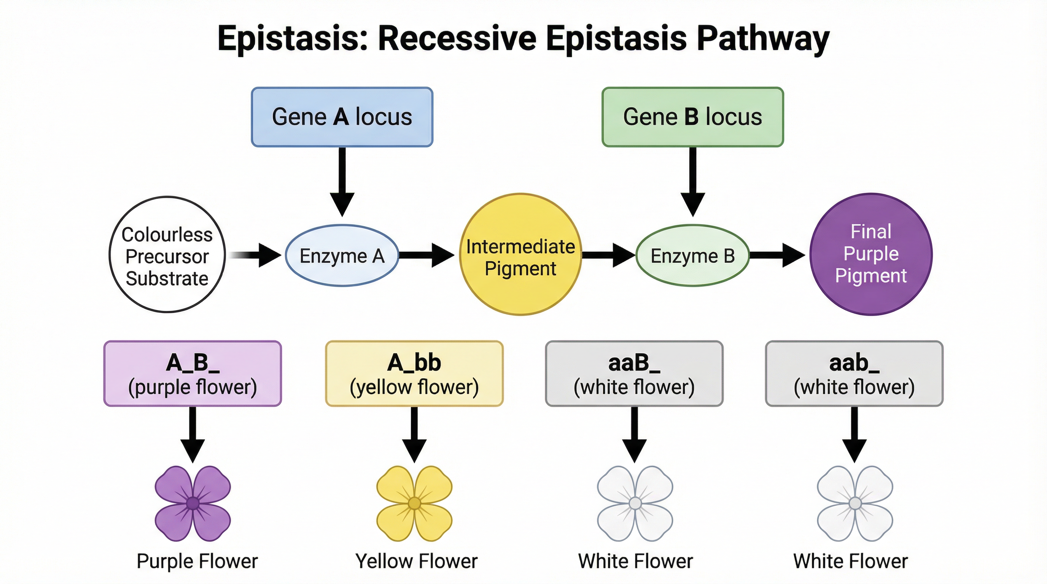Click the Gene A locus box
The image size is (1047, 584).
(342, 117)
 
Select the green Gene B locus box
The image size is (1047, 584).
(692, 117)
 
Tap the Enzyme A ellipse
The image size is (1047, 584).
(342, 256)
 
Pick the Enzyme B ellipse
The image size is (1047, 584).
(692, 256)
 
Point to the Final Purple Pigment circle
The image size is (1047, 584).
(870, 254)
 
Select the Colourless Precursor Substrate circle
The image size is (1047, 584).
(167, 255)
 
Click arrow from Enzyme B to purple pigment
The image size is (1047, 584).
(776, 255)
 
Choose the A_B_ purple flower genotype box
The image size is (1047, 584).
(193, 373)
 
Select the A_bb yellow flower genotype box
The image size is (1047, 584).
(414, 373)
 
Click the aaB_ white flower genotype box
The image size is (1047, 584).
(634, 373)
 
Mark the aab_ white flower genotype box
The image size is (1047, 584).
(854, 373)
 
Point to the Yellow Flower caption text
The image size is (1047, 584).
(416, 561)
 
